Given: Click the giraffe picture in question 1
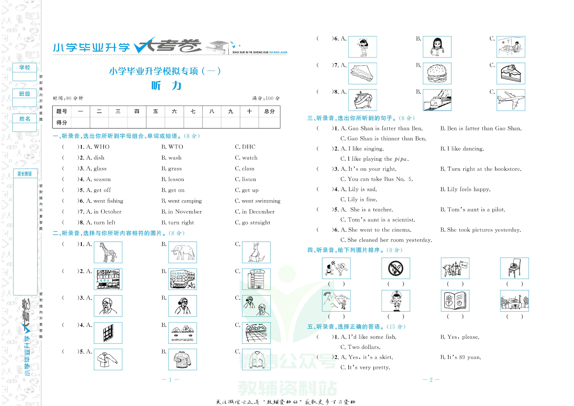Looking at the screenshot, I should (x=108, y=252).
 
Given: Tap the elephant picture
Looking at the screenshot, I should (x=183, y=252).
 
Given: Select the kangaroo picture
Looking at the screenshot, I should (x=256, y=252).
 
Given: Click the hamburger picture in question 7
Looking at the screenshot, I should (x=437, y=73).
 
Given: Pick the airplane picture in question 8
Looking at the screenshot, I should (x=511, y=100).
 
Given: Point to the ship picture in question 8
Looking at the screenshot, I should (x=362, y=100).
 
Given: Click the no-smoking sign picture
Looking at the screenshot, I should (x=395, y=268).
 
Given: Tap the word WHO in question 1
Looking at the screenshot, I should (x=102, y=147).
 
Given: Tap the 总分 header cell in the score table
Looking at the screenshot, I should (x=269, y=111).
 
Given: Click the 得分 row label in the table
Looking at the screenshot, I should (x=62, y=123).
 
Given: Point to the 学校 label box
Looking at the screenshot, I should (x=25, y=68).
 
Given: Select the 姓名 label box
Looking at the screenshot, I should (x=25, y=119).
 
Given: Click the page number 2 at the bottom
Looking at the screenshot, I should (x=431, y=380).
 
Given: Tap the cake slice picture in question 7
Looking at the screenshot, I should (x=511, y=73).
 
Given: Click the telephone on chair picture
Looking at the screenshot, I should (x=514, y=268).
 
